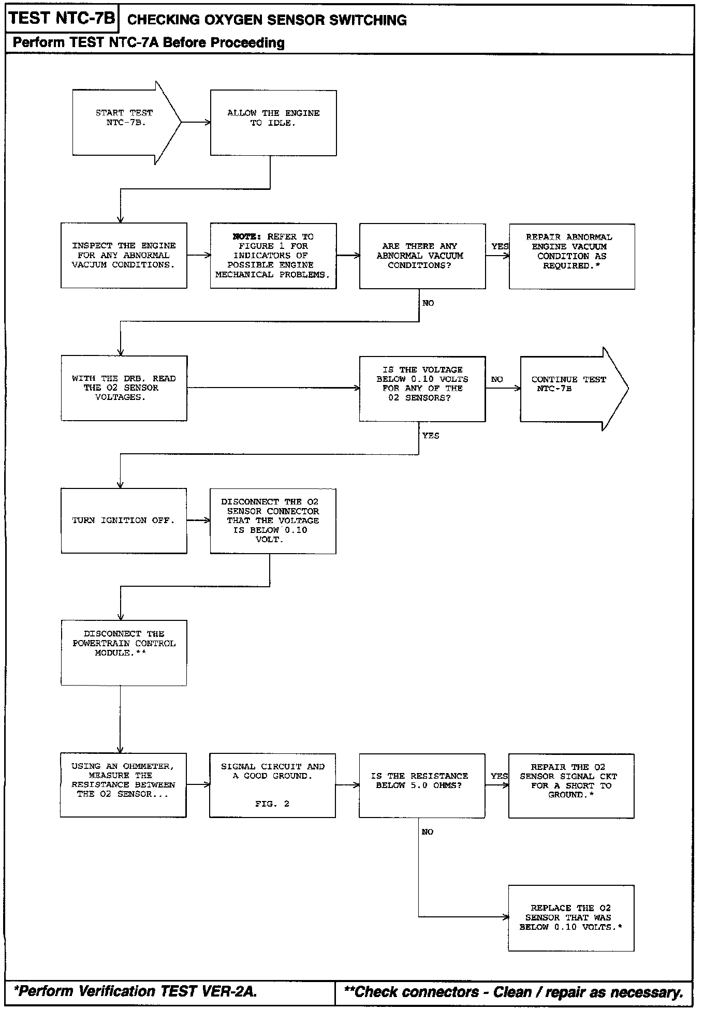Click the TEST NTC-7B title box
[62, 19]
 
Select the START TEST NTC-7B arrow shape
[124, 123]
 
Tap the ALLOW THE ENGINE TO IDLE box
[273, 123]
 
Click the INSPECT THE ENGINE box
[124, 256]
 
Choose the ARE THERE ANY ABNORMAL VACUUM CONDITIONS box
[422, 256]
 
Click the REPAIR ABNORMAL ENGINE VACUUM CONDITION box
[571, 256]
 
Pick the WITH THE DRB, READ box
[124, 388]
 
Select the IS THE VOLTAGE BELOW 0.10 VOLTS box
[422, 388]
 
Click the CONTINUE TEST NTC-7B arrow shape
[569, 388]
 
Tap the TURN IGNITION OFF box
[124, 521]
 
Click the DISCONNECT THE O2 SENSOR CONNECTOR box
[273, 521]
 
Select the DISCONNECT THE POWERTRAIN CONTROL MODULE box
[124, 653]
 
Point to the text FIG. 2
[272, 804]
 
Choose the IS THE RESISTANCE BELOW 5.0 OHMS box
[422, 785]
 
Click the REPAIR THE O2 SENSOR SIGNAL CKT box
[571, 785]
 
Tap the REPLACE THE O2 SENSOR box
[571, 918]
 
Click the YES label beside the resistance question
[499, 776]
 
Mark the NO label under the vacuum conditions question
[428, 303]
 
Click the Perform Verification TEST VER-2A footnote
[136, 992]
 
